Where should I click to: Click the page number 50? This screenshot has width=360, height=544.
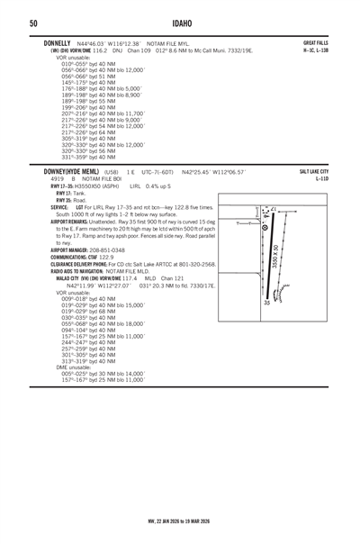pyautogui.click(x=32, y=22)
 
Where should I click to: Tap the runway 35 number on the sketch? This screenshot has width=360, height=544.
pyautogui.click(x=266, y=302)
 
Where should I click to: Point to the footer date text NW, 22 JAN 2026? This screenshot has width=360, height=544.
pyautogui.click(x=148, y=520)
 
